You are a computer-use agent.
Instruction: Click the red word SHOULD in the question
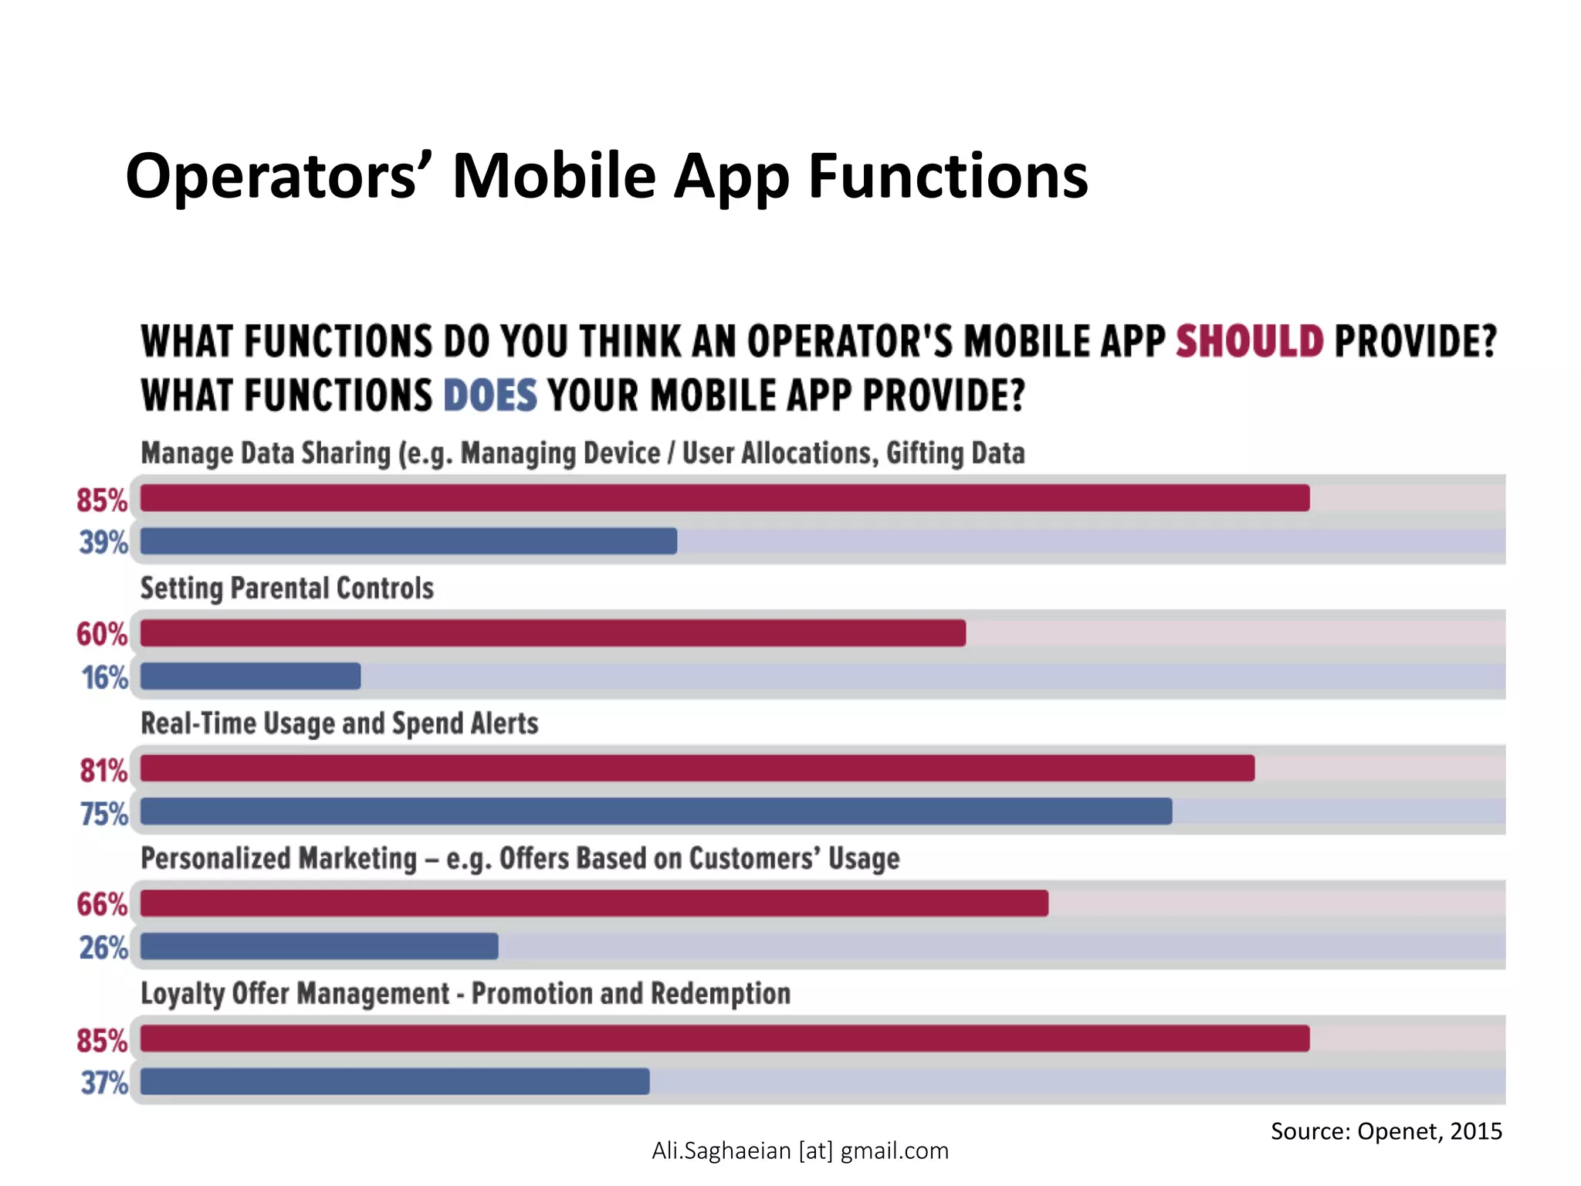1249,341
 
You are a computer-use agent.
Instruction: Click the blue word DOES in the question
489,395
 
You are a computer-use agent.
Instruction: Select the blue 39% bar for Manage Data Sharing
408,541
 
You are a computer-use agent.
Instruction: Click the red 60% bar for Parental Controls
553,633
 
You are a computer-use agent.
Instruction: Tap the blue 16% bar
250,676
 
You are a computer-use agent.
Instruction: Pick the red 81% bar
697,768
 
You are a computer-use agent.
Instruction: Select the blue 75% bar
656,812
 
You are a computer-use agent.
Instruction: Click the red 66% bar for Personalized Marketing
594,903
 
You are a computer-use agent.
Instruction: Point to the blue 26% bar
319,947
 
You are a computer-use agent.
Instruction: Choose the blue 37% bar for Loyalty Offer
394,1082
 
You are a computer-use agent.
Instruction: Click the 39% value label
103,543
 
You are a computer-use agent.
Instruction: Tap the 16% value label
104,678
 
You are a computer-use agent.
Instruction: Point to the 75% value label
103,814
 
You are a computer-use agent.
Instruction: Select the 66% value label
102,904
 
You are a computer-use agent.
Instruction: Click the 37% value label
103,1083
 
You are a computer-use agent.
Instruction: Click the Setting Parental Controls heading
286,588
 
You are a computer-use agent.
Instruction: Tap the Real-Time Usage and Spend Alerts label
339,723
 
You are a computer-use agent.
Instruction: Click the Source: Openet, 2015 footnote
1386,1131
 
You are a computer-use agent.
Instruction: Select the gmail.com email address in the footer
800,1150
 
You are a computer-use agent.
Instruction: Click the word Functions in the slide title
948,176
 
